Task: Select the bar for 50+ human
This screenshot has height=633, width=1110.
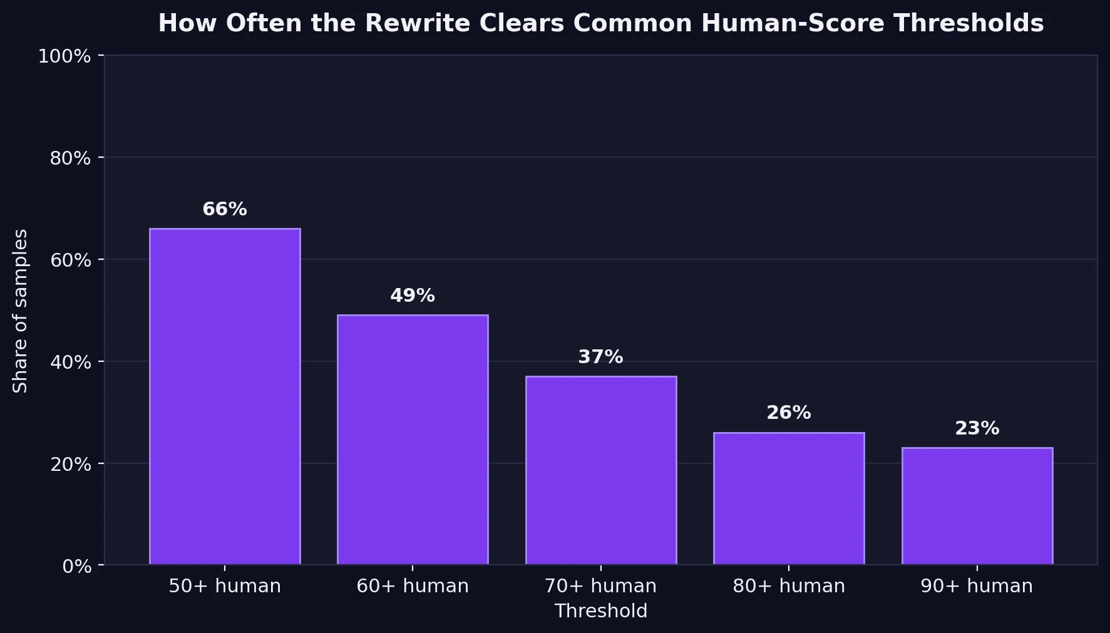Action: point(225,396)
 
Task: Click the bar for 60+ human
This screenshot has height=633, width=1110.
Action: point(413,440)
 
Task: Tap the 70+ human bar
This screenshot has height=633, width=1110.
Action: point(600,470)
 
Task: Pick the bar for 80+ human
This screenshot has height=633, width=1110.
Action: point(789,498)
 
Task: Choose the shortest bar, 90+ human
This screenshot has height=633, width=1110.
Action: point(977,506)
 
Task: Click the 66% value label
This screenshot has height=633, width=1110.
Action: point(225,209)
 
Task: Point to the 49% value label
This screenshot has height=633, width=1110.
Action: point(413,296)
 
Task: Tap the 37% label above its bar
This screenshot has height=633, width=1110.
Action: point(600,357)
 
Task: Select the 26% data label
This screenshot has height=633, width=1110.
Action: point(789,413)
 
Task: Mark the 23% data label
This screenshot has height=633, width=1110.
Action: point(977,428)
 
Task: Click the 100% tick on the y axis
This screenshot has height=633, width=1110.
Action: point(64,56)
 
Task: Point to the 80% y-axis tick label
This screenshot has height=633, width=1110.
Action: point(70,158)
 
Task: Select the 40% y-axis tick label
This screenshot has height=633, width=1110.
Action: point(70,363)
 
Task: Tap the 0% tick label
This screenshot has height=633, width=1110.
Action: point(76,567)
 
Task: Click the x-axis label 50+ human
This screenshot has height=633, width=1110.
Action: point(225,586)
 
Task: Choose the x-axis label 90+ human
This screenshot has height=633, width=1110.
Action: point(977,586)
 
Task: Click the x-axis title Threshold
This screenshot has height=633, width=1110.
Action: point(600,611)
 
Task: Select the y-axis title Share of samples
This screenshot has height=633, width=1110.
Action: point(21,311)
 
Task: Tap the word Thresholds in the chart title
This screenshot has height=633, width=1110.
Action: point(969,23)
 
